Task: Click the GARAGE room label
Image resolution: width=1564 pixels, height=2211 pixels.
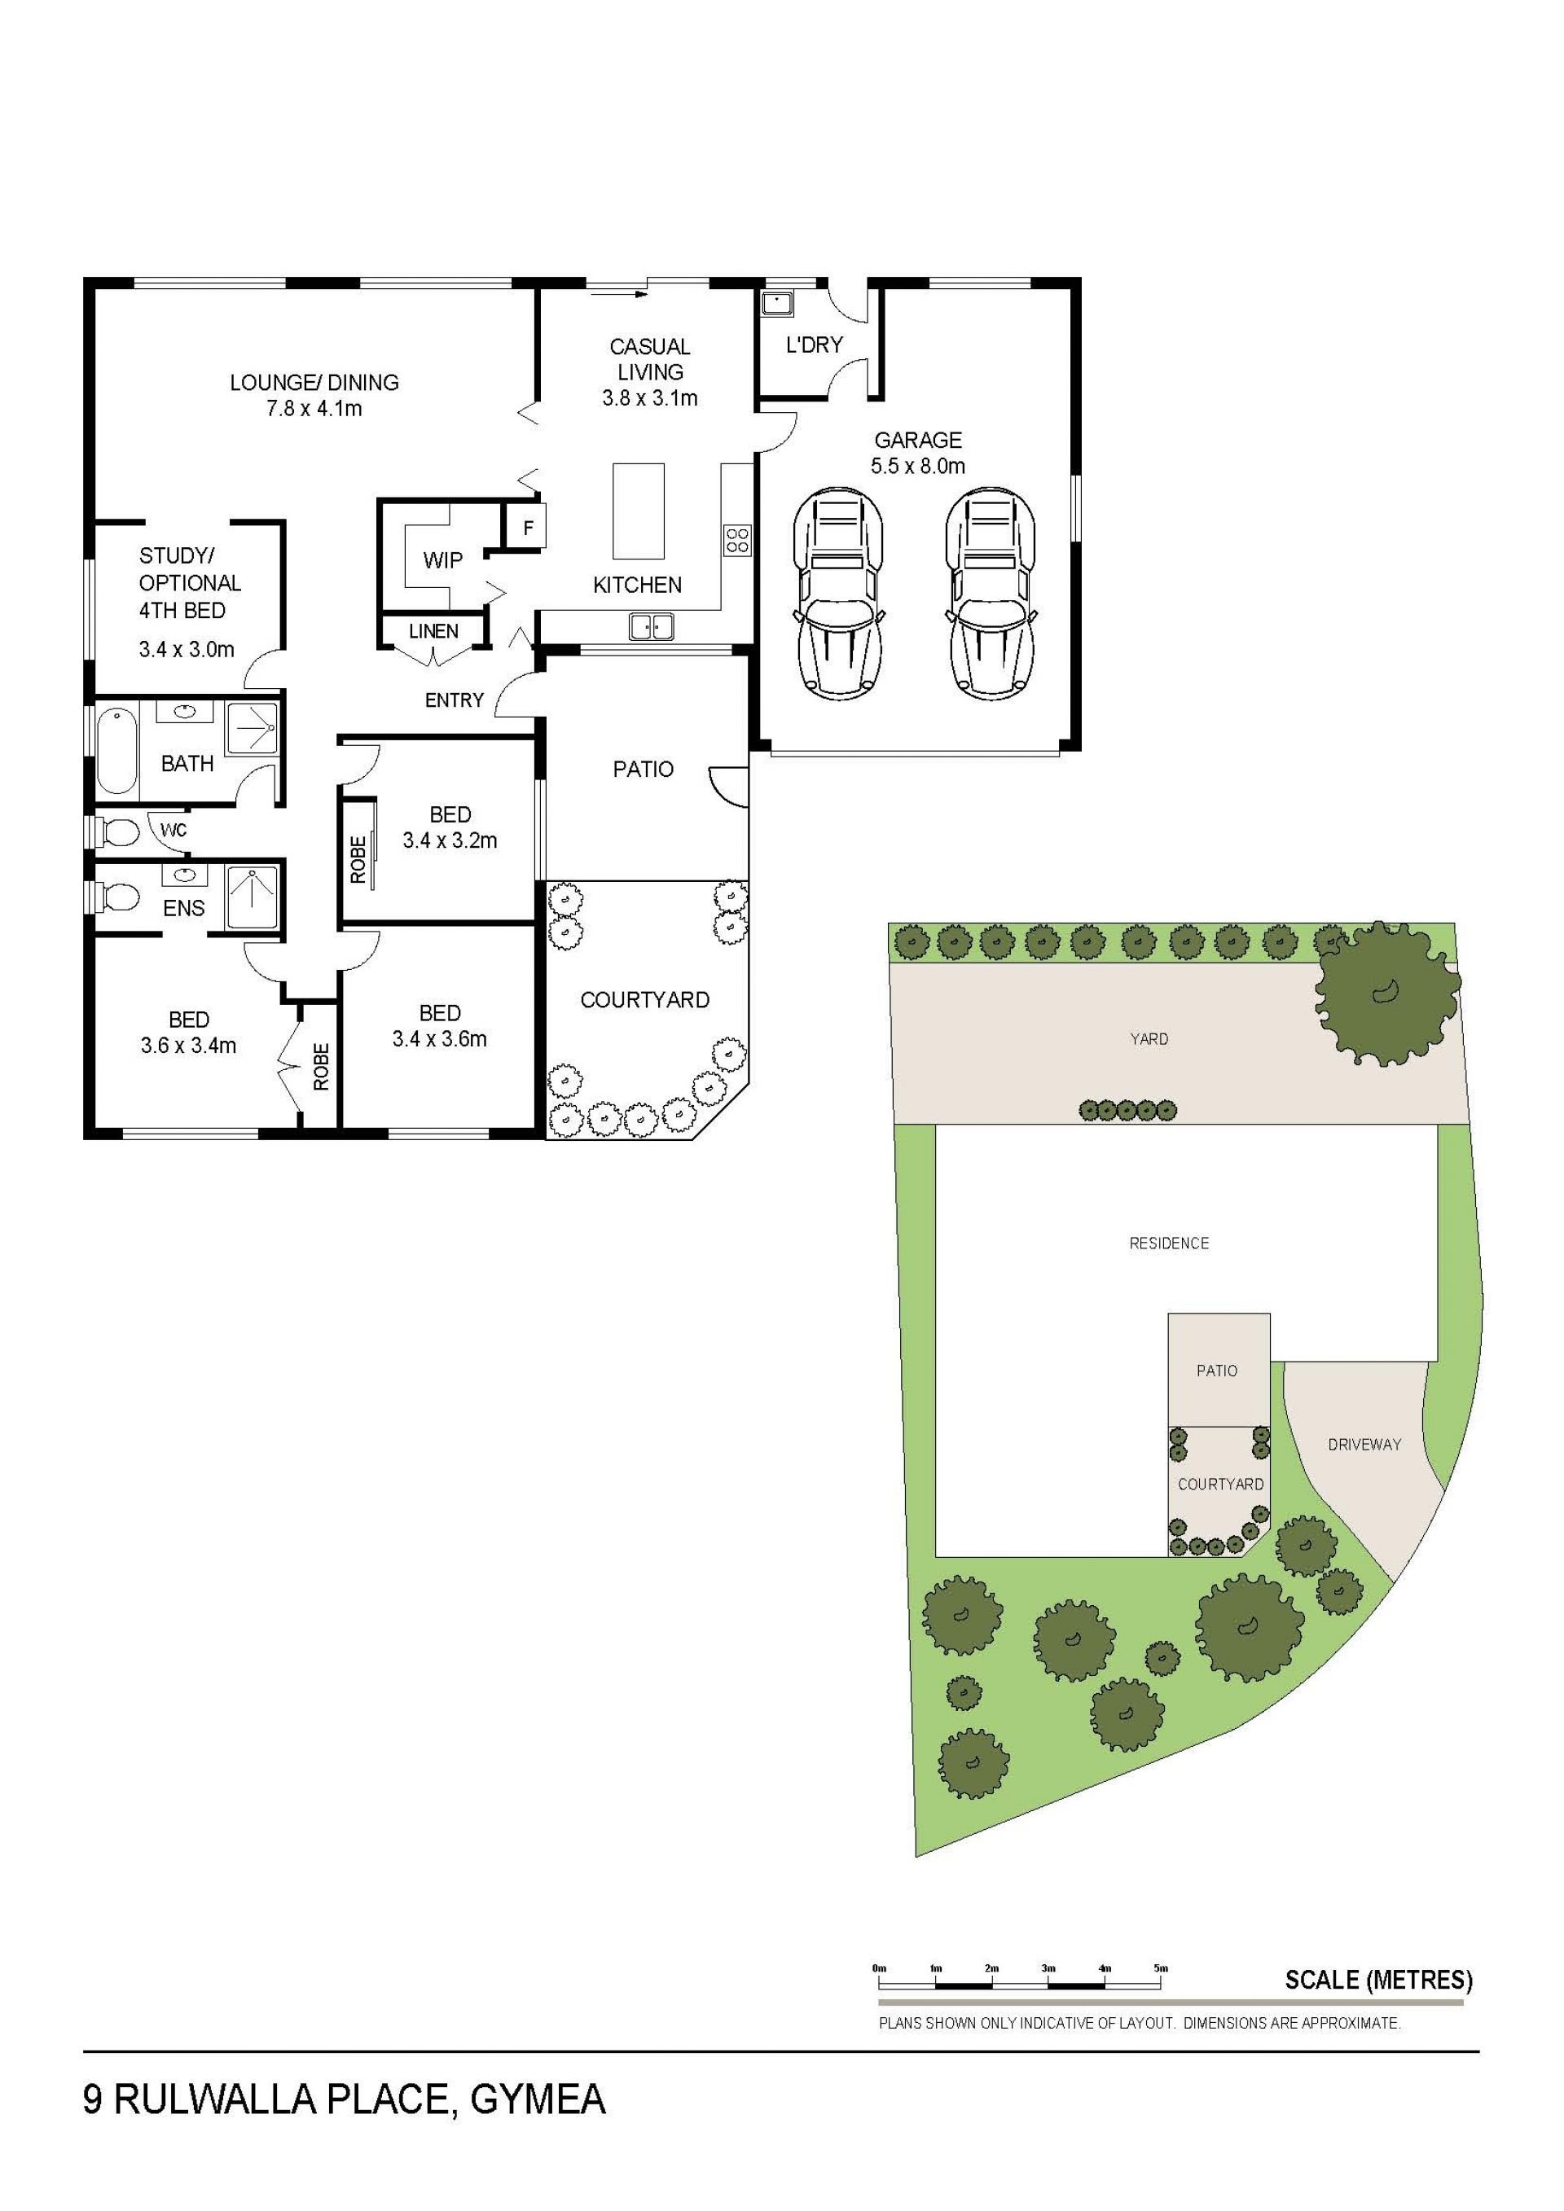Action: coord(917,440)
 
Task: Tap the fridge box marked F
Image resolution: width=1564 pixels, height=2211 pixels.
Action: coord(527,527)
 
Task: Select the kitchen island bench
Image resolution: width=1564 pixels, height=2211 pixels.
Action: coord(639,511)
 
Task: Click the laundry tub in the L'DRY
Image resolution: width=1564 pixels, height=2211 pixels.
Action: coord(776,305)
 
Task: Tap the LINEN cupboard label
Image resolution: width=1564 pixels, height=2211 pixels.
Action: coord(433,632)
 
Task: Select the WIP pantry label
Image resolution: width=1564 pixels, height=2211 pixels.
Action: coord(442,559)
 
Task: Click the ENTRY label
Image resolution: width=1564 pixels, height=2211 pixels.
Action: coord(454,700)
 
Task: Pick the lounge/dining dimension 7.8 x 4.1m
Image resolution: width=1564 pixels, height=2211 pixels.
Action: coord(314,408)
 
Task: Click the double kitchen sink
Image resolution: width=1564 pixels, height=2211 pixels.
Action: coord(652,626)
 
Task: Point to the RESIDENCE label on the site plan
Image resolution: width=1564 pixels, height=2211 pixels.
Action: coord(1169,1244)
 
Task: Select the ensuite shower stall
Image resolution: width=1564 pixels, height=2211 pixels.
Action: coord(253,897)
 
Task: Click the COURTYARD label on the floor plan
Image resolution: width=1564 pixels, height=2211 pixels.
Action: coord(644,1001)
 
